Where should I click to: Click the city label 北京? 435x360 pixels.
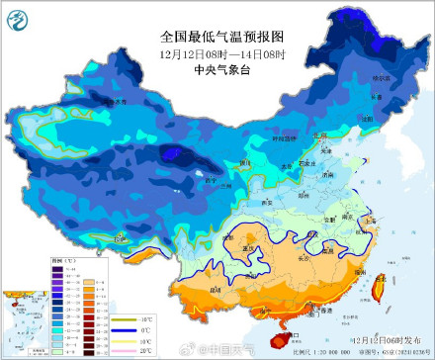317,135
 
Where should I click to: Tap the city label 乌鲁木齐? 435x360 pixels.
118,101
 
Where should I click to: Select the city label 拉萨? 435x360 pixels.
121,237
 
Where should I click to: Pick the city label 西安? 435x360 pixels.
265,201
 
